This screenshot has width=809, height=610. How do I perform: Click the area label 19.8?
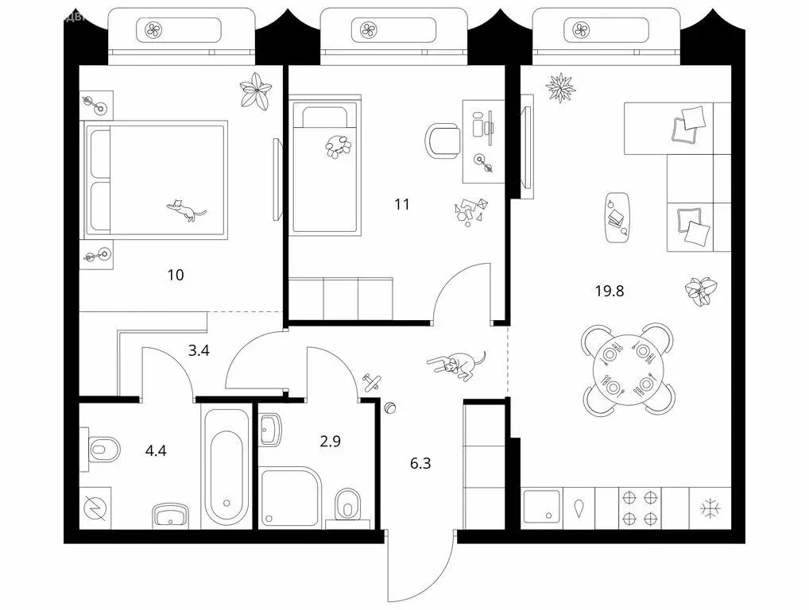[610, 291]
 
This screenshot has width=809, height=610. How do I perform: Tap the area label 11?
[402, 204]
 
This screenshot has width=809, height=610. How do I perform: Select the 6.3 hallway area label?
[420, 463]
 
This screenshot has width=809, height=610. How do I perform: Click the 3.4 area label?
[198, 349]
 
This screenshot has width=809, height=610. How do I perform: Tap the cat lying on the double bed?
[186, 210]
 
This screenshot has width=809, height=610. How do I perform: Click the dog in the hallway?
[456, 364]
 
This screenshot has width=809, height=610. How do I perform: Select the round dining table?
[629, 368]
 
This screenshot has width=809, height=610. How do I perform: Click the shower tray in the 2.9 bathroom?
[291, 496]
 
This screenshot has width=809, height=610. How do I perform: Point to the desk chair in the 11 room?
[443, 140]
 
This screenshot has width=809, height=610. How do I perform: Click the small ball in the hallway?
[389, 408]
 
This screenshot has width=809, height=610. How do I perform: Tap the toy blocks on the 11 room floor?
[471, 210]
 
